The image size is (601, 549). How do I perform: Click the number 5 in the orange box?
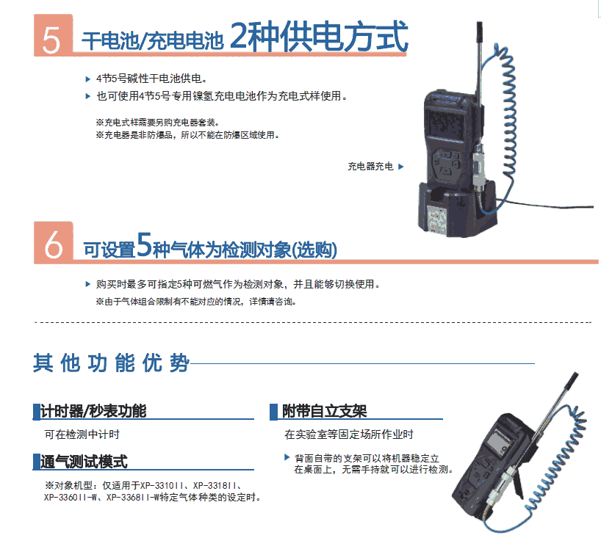tap(51, 40)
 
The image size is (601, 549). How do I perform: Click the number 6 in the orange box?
tap(54, 245)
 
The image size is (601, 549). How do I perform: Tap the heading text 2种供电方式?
tap(319, 36)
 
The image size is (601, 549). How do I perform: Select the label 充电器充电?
tap(370, 166)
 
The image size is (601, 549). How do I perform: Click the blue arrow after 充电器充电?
tap(401, 167)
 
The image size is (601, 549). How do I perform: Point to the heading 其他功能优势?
tap(111, 363)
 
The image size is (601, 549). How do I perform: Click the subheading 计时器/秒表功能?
tap(93, 411)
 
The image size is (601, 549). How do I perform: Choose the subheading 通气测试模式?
tap(84, 462)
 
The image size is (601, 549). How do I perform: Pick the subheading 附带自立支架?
tap(325, 411)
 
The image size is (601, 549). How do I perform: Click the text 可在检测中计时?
tap(82, 435)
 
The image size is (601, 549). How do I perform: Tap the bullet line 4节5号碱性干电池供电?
tap(152, 79)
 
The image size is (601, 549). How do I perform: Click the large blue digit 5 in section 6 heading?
tap(144, 244)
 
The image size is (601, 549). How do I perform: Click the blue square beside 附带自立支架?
tap(273, 412)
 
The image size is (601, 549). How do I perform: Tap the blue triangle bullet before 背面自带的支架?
tap(287, 457)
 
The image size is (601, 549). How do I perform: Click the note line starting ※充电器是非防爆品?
tap(188, 135)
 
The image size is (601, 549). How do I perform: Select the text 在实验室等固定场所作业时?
tap(349, 435)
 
